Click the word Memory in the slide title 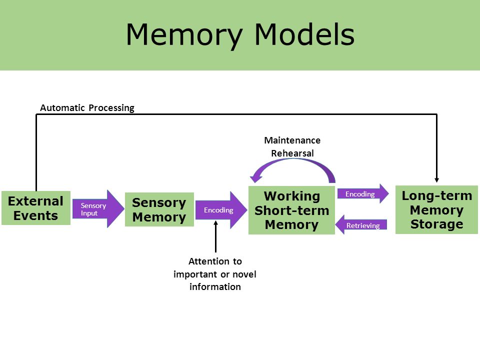(184, 35)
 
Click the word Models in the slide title (304, 34)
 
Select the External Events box (36, 208)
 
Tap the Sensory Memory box (159, 209)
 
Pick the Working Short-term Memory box (291, 210)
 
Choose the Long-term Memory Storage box (436, 209)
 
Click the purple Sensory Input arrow (98, 209)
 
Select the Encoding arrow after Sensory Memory (221, 210)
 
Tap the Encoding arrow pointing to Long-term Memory (363, 194)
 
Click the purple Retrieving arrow (361, 225)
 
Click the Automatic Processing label (87, 108)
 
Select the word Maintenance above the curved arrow (292, 140)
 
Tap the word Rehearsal (292, 153)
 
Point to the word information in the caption (215, 287)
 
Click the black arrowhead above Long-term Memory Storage (437, 180)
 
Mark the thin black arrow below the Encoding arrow (216, 236)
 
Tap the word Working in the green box (292, 196)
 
